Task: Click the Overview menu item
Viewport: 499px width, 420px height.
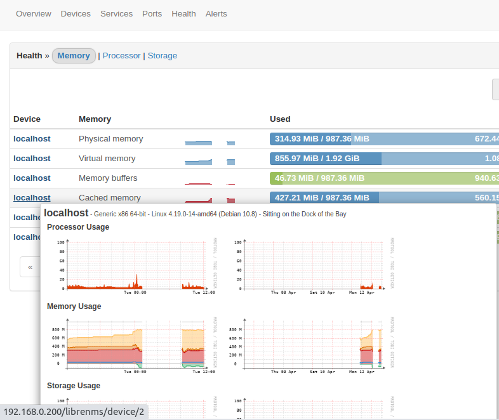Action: (x=34, y=13)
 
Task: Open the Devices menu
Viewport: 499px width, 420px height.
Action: (x=76, y=13)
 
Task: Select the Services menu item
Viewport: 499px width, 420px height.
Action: (x=116, y=13)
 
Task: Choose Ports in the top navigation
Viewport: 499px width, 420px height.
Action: (x=152, y=13)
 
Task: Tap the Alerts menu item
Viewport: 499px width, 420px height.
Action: (x=216, y=13)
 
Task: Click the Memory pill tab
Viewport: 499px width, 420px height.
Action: (x=74, y=56)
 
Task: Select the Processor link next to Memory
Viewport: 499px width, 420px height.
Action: (x=121, y=56)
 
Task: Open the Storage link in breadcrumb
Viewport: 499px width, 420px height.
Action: (x=163, y=56)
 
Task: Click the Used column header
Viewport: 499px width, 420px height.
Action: (x=280, y=119)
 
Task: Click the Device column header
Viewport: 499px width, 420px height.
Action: (x=27, y=119)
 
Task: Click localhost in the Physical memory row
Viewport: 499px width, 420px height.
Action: (x=32, y=139)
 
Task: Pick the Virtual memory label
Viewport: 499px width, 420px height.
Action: (x=107, y=159)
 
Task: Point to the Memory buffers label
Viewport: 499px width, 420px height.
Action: (x=108, y=178)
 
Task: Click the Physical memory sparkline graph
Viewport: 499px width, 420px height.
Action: (x=210, y=141)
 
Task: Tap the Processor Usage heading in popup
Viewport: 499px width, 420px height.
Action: (x=78, y=227)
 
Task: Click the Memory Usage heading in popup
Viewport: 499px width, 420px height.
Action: (x=74, y=306)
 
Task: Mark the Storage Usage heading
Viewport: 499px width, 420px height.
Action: (x=74, y=386)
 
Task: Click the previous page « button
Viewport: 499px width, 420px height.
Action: (x=30, y=267)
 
